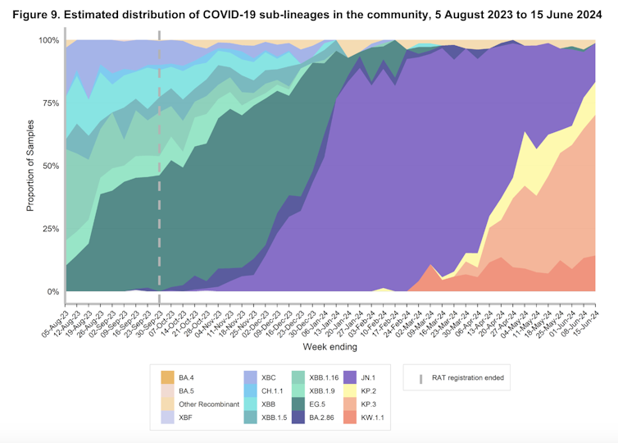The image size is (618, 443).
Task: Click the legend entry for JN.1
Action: [x=355, y=377]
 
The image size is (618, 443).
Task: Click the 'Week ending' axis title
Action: [x=329, y=347]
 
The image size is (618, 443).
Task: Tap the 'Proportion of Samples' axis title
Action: [x=30, y=166]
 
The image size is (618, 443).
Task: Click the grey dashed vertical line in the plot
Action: [x=159, y=164]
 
